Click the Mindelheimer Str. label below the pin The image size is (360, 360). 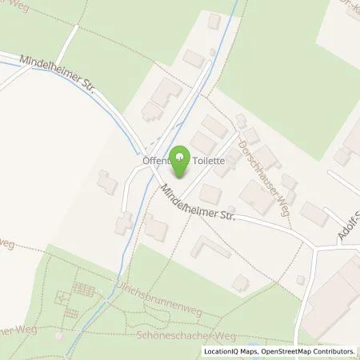[x=196, y=204]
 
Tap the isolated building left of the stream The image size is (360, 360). [x=106, y=182]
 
